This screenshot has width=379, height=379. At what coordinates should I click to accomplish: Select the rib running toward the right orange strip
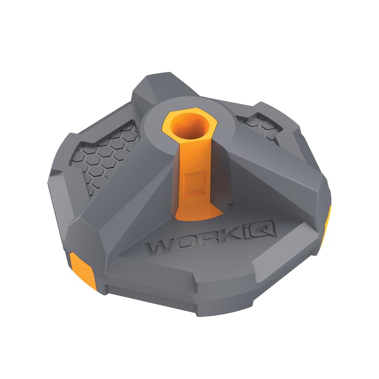pyautogui.click(x=281, y=175)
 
